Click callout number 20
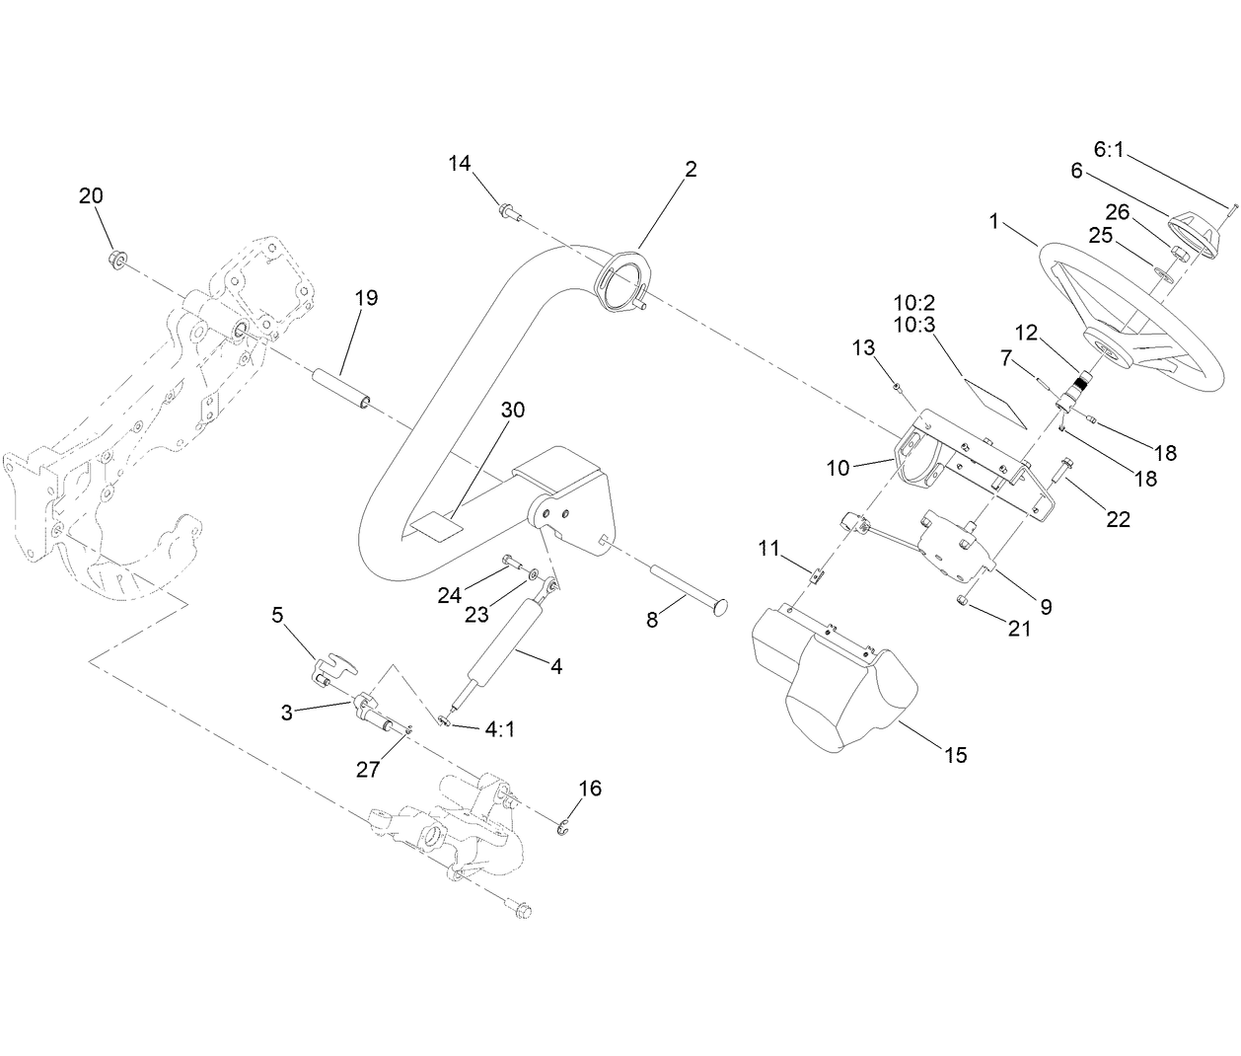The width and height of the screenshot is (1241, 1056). point(91,196)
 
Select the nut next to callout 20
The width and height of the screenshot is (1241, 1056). point(114,260)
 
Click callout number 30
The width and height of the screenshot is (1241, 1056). point(512,410)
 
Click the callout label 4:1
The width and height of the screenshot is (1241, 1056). point(497,729)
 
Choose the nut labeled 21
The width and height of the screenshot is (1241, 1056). point(966,601)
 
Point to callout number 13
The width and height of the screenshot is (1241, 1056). point(863,347)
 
